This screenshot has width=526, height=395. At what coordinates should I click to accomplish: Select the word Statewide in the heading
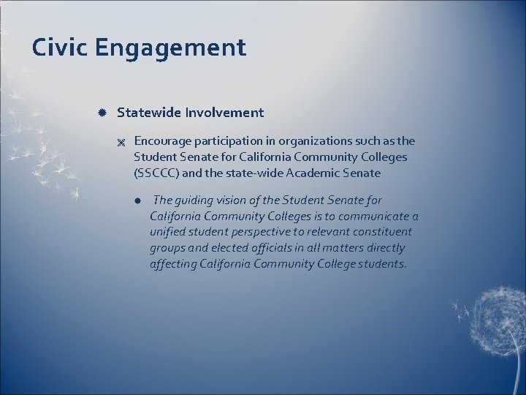(x=149, y=113)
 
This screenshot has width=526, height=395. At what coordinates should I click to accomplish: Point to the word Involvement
(x=224, y=113)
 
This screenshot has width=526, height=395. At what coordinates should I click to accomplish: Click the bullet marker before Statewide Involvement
(x=103, y=113)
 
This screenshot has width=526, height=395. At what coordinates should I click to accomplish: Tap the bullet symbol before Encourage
(x=121, y=141)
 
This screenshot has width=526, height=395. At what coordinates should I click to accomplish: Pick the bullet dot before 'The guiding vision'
(x=137, y=200)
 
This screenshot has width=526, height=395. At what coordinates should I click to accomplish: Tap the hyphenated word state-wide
(x=259, y=173)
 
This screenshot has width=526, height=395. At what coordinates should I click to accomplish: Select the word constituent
(x=381, y=232)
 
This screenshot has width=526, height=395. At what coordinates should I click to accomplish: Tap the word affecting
(x=175, y=264)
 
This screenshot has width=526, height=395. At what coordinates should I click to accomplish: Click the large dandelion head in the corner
(x=496, y=323)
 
